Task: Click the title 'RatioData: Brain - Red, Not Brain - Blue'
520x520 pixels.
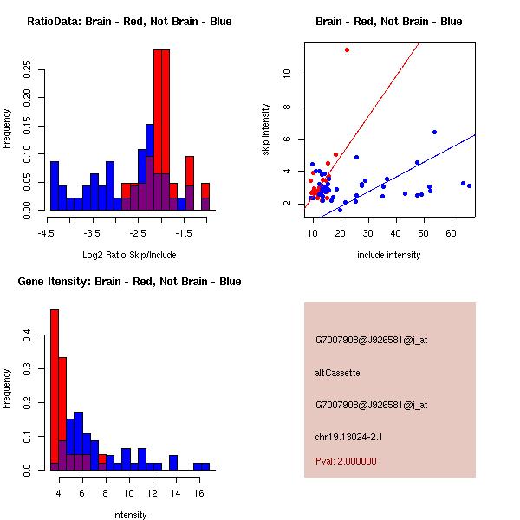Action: [129, 22]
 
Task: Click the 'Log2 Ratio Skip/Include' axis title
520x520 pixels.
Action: [129, 254]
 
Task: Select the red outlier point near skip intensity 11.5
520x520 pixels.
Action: [347, 49]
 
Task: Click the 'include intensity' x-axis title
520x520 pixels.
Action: [389, 255]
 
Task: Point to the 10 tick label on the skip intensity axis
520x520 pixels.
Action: [288, 75]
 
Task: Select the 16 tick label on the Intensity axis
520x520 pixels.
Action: [199, 493]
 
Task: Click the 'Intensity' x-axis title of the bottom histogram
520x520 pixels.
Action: [130, 515]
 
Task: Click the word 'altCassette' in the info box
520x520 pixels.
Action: [337, 373]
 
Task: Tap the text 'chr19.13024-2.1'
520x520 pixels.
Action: [347, 436]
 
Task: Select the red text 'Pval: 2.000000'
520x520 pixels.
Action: [346, 461]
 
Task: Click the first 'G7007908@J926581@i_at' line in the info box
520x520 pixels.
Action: [371, 340]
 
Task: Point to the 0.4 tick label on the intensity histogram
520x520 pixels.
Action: [27, 334]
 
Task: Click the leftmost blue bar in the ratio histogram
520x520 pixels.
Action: [54, 185]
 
